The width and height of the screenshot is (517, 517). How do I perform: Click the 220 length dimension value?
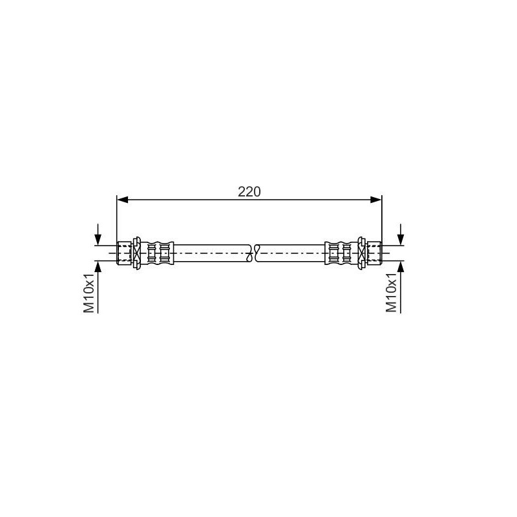coord(249,191)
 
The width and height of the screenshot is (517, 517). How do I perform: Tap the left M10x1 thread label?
coord(89,293)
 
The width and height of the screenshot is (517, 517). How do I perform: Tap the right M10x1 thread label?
coord(392,293)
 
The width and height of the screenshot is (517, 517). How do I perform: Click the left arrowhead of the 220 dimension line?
coord(123,200)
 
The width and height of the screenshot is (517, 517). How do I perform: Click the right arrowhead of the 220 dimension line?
coord(376,200)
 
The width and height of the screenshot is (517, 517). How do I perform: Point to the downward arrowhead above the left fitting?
coord(98,239)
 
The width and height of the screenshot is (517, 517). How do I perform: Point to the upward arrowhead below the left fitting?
coord(98,266)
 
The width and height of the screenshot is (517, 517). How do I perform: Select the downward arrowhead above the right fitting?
coord(401,239)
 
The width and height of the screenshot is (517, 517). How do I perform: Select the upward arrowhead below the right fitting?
coord(401,266)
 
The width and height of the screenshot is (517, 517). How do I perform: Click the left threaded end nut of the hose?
coord(124,253)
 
